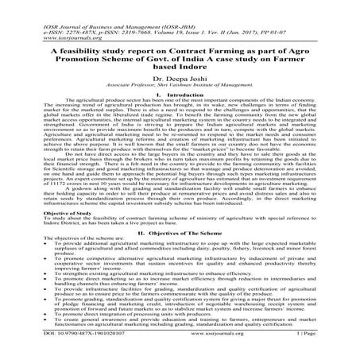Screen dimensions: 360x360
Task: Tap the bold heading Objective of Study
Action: point(34,215)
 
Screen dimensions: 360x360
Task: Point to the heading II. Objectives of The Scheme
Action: point(180,234)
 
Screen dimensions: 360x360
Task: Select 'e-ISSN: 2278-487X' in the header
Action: point(39,12)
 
